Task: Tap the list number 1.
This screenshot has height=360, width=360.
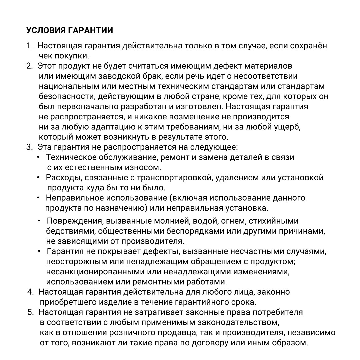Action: tap(29, 46)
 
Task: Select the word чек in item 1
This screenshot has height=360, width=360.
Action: tap(46, 56)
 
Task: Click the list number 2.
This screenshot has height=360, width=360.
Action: tap(29, 66)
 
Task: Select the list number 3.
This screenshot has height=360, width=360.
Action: tap(29, 147)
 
